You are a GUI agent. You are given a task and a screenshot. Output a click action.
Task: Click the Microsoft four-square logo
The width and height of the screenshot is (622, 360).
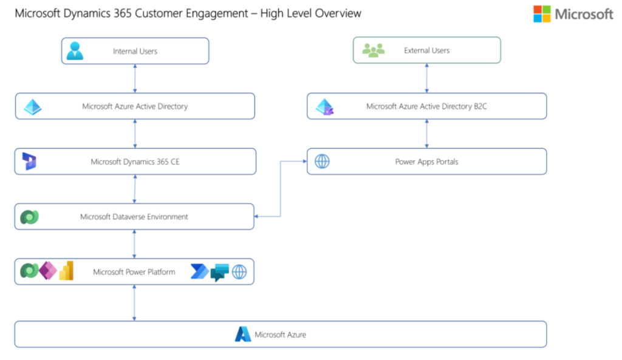(542, 14)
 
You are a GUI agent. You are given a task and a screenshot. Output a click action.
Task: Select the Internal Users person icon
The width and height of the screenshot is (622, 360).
(75, 51)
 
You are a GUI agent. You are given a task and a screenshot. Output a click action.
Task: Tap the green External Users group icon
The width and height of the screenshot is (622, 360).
(373, 50)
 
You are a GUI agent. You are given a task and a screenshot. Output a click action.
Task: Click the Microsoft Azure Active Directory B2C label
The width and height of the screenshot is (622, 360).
(426, 106)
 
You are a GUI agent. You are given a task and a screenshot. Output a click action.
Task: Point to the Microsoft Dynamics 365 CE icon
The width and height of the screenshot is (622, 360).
(29, 161)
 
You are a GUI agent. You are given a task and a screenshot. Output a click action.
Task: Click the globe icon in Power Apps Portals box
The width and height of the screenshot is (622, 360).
(322, 161)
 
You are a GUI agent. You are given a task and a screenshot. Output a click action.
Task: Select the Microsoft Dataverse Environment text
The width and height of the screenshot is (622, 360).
(134, 217)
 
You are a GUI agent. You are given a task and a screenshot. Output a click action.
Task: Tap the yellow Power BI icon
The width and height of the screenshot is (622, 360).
(66, 271)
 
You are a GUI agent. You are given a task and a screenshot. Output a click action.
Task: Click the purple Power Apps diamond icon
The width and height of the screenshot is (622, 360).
(47, 271)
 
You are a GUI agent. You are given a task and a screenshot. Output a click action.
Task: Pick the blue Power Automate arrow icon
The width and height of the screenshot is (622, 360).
(199, 272)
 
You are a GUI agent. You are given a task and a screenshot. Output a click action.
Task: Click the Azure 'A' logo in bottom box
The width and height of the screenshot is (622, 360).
(243, 334)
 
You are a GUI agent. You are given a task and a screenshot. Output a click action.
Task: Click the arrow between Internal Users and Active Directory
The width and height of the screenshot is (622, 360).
(135, 78)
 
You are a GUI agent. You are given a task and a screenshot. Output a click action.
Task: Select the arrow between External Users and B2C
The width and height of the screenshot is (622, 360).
(427, 78)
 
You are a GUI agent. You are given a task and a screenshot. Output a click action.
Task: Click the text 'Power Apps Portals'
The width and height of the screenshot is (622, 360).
(426, 162)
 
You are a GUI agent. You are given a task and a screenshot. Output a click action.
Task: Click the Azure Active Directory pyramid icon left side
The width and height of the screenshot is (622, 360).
(32, 107)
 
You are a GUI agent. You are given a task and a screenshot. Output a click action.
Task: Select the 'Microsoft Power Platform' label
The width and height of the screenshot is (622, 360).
(134, 272)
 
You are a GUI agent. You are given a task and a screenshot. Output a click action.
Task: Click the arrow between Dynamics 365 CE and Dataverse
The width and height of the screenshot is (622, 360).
(134, 189)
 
